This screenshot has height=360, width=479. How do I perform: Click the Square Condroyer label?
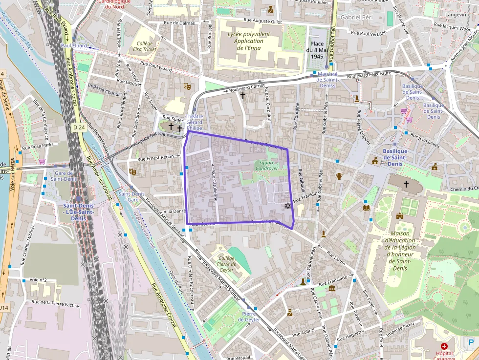(x=266, y=165)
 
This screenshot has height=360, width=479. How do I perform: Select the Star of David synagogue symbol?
(x=287, y=206)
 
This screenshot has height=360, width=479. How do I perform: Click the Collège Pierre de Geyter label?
(x=226, y=264)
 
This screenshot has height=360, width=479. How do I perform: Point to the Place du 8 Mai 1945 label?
(x=317, y=50)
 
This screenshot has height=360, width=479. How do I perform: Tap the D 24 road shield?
(x=78, y=127)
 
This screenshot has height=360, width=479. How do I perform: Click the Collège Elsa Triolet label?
(x=144, y=46)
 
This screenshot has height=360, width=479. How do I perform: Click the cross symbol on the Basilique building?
(x=406, y=184)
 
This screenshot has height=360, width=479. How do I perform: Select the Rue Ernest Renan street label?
(x=155, y=158)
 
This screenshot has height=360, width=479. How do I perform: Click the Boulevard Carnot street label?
(x=247, y=88)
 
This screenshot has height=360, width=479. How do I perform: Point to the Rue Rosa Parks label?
(x=42, y=146)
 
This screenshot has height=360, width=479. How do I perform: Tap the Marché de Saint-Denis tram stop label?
(x=327, y=80)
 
